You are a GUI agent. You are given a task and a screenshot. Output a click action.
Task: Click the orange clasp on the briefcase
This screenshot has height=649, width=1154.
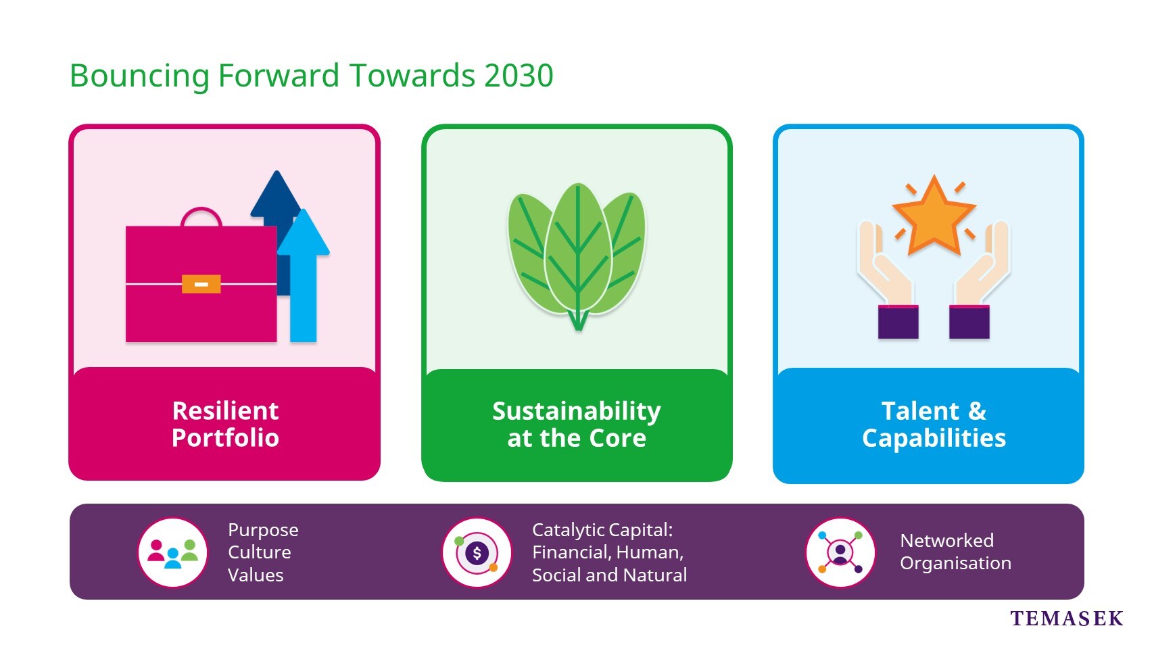tap(201, 284)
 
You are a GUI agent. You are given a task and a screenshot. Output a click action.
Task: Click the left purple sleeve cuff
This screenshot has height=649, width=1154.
tap(898, 322)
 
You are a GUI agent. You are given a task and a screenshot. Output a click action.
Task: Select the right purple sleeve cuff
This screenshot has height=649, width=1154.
tap(969, 322)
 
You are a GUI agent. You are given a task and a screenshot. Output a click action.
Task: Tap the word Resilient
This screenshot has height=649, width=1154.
tap(225, 411)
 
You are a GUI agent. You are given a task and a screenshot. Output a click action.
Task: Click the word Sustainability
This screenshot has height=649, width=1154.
tap(577, 412)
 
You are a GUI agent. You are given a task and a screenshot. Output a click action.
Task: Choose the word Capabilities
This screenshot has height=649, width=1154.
tap(934, 438)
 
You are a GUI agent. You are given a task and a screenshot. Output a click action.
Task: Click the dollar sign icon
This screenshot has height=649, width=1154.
tap(477, 553)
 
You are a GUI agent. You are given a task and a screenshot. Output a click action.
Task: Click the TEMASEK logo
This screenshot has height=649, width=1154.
tap(1066, 618)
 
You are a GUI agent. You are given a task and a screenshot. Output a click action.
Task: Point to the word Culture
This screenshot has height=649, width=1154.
tap(259, 552)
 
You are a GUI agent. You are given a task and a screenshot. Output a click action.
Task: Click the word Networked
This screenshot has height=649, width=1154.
tap(947, 540)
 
